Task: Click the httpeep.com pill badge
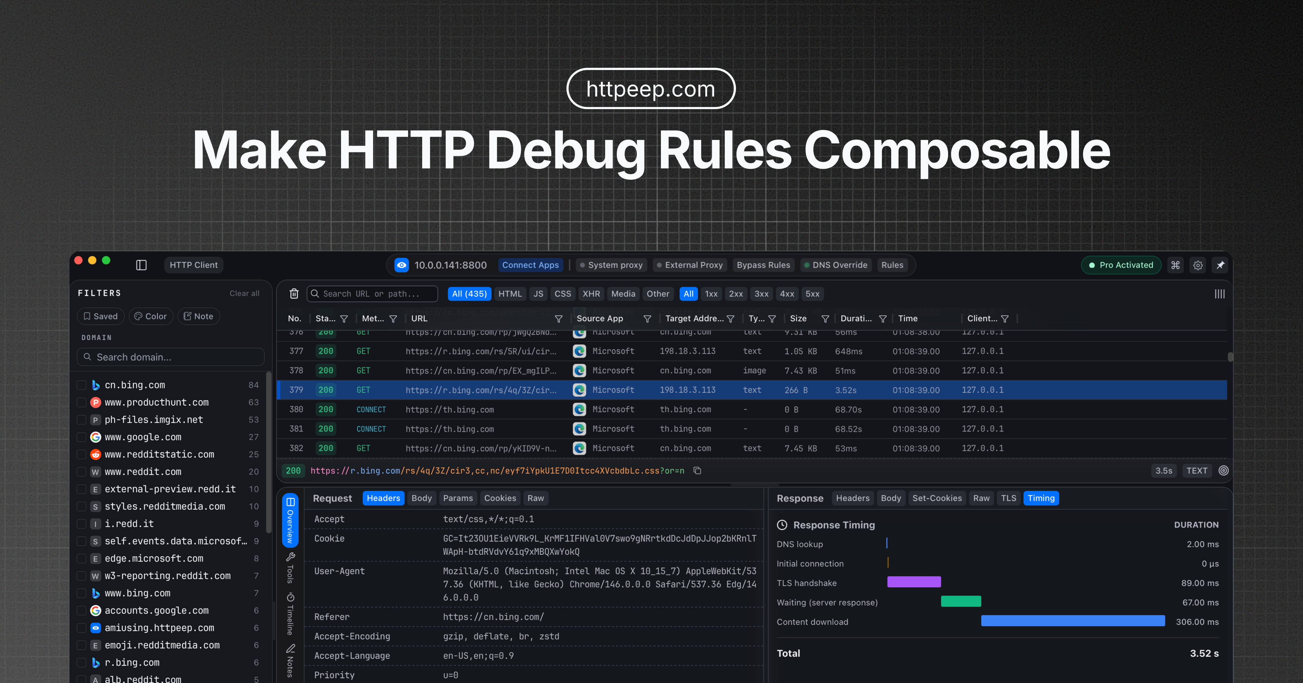tap(651, 89)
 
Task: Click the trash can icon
tap(294, 294)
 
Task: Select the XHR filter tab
tap(591, 294)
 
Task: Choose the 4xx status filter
tap(786, 294)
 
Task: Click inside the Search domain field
tap(172, 357)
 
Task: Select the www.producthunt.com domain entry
tap(156, 402)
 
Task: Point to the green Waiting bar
tap(960, 602)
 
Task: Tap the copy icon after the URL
tap(697, 471)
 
